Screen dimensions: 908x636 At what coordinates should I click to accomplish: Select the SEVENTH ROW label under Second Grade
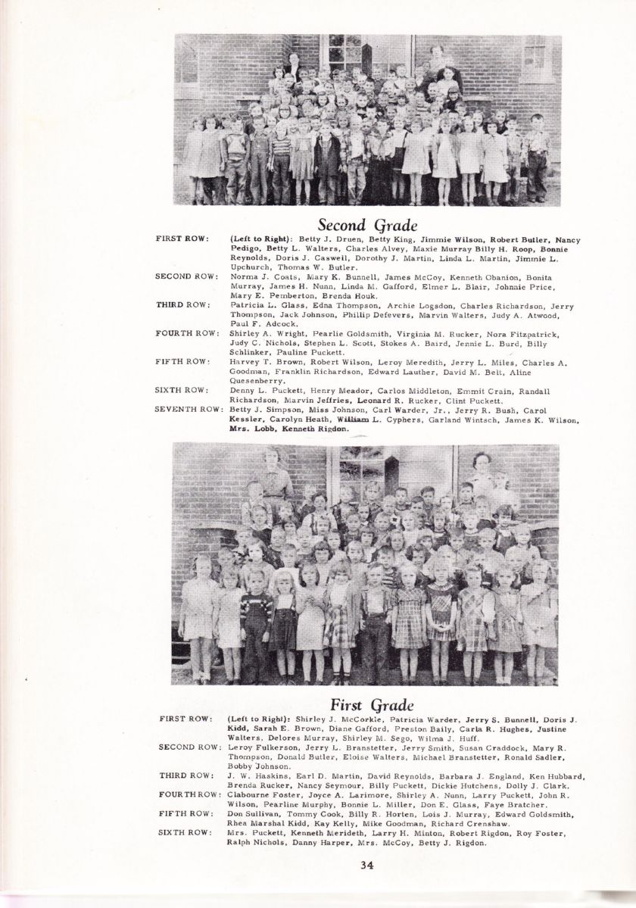pyautogui.click(x=188, y=409)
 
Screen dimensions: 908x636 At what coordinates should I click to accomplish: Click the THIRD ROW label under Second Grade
pyautogui.click(x=182, y=304)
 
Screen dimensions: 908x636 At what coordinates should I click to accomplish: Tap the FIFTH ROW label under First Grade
pyautogui.click(x=183, y=813)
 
